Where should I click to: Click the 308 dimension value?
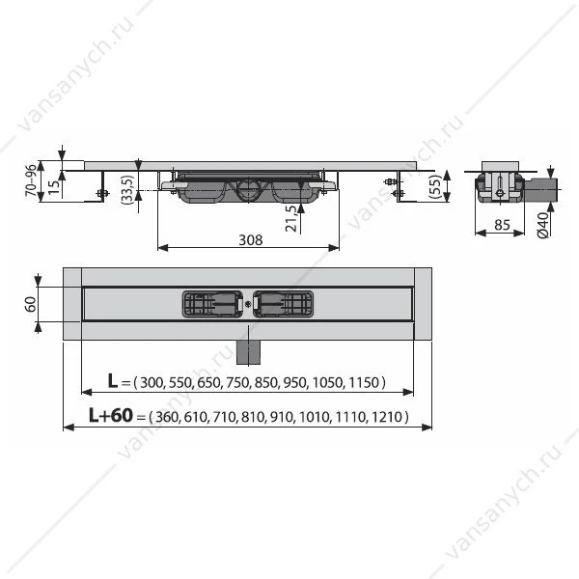coord(251,240)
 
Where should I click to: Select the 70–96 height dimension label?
coord(32,180)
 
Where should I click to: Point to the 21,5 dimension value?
coord(291,218)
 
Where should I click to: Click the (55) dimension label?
coord(436,186)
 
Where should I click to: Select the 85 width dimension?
coord(502,225)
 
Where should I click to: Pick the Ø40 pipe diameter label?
coord(542,225)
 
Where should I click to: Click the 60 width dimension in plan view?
coord(31,304)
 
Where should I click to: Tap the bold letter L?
coord(113,381)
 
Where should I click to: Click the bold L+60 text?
coord(111,415)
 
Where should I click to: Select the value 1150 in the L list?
coord(364,382)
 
